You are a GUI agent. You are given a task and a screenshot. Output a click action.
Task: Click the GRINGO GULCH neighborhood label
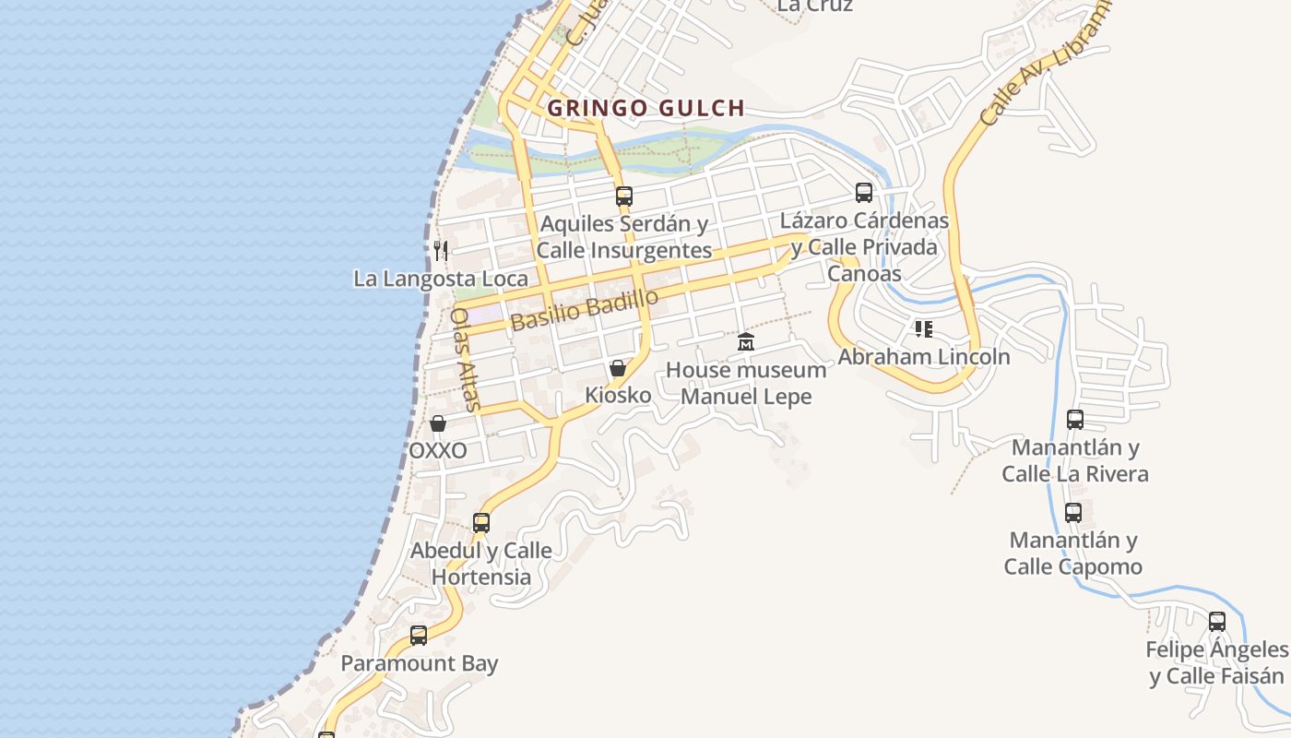point(645,108)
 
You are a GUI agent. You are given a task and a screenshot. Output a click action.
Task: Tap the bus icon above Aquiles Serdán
point(624,196)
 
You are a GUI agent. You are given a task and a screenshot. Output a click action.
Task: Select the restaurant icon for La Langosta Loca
point(441,250)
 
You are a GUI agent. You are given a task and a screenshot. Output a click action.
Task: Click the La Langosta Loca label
point(441,279)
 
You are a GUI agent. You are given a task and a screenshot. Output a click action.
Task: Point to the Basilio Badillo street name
point(585,309)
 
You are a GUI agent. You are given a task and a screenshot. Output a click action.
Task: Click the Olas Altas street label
point(466,358)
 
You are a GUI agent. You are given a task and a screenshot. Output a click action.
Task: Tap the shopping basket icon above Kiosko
point(618,368)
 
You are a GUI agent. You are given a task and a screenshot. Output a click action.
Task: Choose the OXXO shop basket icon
point(438,423)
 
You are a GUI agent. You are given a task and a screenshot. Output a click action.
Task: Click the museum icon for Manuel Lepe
point(746,342)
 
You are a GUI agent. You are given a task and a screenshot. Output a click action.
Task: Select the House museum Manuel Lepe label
point(746,383)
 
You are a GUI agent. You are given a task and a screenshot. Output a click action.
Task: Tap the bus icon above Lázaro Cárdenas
point(864,193)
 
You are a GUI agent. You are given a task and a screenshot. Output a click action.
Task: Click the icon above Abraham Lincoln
point(924,328)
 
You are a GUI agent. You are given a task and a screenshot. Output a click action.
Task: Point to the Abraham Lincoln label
point(924,356)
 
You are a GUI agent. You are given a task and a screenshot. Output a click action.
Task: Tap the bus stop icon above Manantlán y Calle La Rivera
point(1075,420)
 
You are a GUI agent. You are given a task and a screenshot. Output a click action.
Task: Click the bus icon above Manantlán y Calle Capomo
point(1073,513)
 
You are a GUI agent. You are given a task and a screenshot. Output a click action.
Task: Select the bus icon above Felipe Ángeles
point(1217,622)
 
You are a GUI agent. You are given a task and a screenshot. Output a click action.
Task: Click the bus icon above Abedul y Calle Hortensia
point(481,523)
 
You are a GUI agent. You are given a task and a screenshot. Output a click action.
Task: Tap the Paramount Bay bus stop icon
point(419,636)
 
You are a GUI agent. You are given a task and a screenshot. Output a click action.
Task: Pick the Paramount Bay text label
point(420,663)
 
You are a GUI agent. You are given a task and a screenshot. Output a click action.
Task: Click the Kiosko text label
point(618,396)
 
